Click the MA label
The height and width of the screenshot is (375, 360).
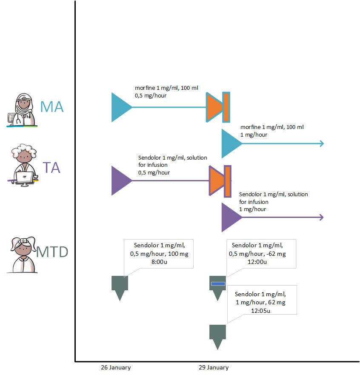(52, 106)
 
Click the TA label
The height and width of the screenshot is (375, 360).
(51, 168)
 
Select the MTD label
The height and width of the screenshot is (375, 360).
(52, 252)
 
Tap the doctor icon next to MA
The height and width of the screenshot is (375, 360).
(22, 110)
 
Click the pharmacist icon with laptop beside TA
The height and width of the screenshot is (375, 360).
(23, 166)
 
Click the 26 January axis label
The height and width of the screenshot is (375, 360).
(116, 367)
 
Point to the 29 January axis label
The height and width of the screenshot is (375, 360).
(214, 367)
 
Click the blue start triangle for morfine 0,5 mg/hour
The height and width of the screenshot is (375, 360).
(120, 107)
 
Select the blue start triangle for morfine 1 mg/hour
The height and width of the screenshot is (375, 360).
(230, 143)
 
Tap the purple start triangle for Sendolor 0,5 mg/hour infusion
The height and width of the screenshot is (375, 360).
(120, 181)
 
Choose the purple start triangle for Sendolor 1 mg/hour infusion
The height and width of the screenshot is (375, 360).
(230, 217)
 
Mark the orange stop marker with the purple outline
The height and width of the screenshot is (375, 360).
(220, 180)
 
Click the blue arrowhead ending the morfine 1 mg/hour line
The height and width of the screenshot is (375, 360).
(321, 143)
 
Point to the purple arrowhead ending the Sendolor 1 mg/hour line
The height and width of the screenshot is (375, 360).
(321, 217)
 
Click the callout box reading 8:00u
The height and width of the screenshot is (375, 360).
(158, 254)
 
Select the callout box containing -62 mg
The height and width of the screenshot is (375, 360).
(261, 254)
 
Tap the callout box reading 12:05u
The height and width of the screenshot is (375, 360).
(262, 303)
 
